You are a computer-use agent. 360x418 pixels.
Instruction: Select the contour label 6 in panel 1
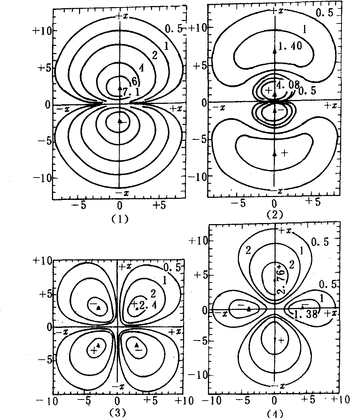[x=135, y=81]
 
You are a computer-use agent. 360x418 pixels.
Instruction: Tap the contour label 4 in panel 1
[x=141, y=68]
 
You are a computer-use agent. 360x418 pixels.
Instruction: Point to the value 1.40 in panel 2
[x=290, y=46]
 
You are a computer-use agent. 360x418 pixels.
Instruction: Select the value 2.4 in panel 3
[x=148, y=305]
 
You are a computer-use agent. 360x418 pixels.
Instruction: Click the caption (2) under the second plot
[x=275, y=215]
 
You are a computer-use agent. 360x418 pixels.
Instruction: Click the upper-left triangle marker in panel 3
[x=99, y=308]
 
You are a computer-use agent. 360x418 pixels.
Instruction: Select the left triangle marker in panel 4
[x=249, y=309]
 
